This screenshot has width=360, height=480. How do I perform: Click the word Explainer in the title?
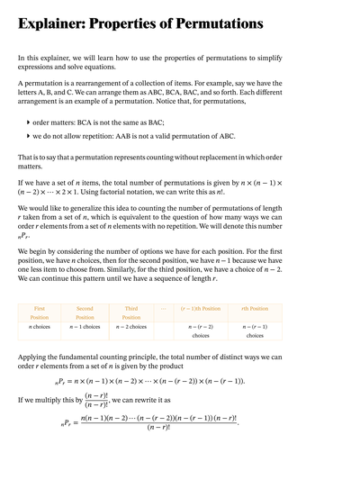pos(57,23)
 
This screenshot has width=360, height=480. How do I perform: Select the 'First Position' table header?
pos(40,312)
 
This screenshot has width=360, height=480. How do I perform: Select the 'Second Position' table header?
pos(85,312)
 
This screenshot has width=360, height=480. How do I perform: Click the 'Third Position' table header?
pos(131,312)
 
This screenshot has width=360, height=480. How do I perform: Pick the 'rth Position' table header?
pos(255,309)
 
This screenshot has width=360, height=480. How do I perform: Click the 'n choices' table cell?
pos(40,326)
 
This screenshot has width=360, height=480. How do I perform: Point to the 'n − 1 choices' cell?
pos(85,326)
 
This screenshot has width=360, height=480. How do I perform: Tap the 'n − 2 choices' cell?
pos(131,326)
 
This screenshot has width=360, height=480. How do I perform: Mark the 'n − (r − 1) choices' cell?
pos(255,331)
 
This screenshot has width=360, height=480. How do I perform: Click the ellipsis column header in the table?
pos(163,309)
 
